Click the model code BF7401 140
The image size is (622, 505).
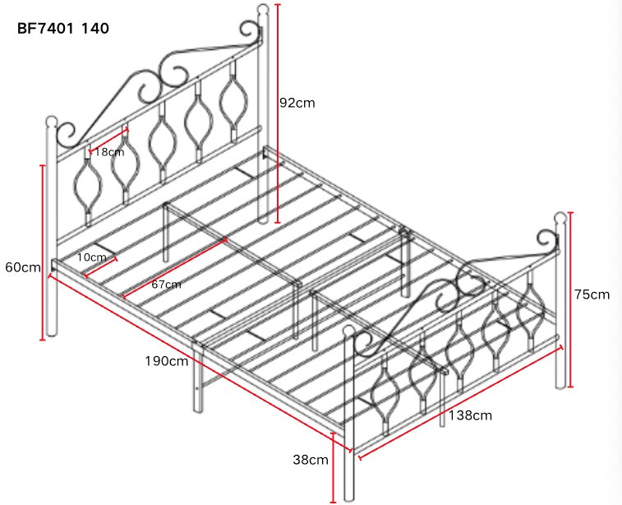pyautogui.click(x=63, y=28)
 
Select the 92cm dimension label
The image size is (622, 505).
pyautogui.click(x=297, y=103)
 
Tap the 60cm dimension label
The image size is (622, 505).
pyautogui.click(x=22, y=268)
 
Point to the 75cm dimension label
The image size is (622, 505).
pyautogui.click(x=592, y=294)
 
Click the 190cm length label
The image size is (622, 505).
pyautogui.click(x=167, y=361)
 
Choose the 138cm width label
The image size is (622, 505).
pyautogui.click(x=471, y=415)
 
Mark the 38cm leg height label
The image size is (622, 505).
pyautogui.click(x=311, y=460)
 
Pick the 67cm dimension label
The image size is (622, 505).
pyautogui.click(x=166, y=284)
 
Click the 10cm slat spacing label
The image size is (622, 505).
pyautogui.click(x=90, y=257)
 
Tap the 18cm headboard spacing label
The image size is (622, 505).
pyautogui.click(x=109, y=152)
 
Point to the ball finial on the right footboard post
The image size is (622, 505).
pyautogui.click(x=562, y=218)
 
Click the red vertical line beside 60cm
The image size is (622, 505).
pyautogui.click(x=42, y=252)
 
